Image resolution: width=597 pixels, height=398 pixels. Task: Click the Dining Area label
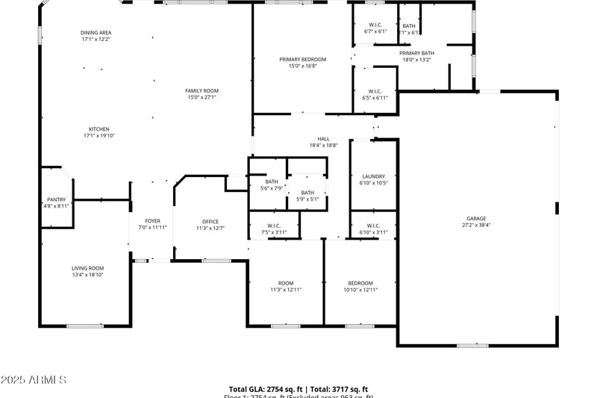click(96, 33)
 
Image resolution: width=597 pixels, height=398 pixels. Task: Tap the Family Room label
click(201, 91)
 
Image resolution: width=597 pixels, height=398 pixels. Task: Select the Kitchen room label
click(99, 129)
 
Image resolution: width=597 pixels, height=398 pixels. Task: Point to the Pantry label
click(57, 199)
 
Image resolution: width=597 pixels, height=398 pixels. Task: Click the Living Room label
click(87, 268)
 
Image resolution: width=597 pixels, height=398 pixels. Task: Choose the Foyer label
click(153, 221)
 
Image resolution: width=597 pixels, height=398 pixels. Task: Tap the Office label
click(210, 221)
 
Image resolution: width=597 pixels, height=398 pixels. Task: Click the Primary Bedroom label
click(303, 59)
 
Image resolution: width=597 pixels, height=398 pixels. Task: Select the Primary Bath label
click(416, 53)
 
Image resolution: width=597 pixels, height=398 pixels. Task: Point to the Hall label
click(323, 139)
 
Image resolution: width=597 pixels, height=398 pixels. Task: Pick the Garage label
click(476, 219)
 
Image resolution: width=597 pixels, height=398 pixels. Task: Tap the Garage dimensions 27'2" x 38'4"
click(476, 226)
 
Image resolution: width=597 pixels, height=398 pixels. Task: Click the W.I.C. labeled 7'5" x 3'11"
click(274, 226)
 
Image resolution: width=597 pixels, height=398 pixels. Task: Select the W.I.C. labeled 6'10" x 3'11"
click(374, 226)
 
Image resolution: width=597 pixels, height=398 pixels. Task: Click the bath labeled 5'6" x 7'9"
click(271, 182)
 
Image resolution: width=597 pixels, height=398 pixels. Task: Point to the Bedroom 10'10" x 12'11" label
click(360, 283)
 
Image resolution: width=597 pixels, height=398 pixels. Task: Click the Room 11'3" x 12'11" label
click(286, 283)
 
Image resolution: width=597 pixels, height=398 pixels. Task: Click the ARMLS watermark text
click(34, 381)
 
